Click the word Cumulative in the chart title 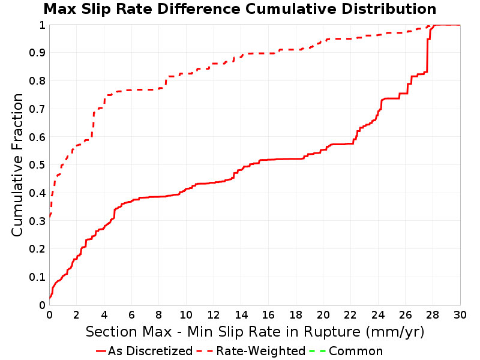(x=292, y=9)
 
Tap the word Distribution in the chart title (x=389, y=9)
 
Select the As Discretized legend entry (x=144, y=351)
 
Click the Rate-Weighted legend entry (x=251, y=351)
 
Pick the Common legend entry (x=346, y=351)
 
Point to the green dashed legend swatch (x=317, y=351)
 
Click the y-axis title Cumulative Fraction (x=17, y=165)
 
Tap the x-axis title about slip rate (x=255, y=332)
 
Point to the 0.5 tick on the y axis (x=37, y=165)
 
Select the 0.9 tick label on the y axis (x=37, y=53)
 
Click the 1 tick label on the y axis (x=42, y=25)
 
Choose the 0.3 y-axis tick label (x=37, y=221)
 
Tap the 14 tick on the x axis (x=241, y=314)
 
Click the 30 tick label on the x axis (x=460, y=314)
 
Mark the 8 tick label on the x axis (x=158, y=314)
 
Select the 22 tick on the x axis (x=350, y=314)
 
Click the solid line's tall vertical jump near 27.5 (x=427, y=55)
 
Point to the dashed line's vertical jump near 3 (x=93, y=125)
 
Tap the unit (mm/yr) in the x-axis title (x=395, y=332)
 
